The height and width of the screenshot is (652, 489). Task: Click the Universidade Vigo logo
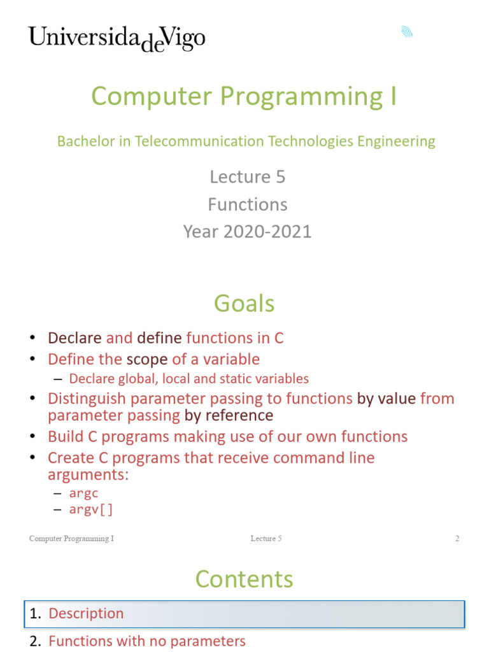117,39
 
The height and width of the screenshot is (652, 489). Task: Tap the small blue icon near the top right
407,32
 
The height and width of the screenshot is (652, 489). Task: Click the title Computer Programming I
244,97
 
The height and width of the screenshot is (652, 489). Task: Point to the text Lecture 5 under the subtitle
248,177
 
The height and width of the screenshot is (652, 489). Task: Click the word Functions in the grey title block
248,204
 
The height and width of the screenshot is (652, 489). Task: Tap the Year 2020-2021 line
248,232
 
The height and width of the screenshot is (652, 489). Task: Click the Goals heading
244,304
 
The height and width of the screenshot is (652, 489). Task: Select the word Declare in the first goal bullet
75,338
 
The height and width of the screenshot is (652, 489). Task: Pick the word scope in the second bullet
147,360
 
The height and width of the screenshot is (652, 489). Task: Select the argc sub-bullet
83,493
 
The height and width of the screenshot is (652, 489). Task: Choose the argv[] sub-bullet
90,509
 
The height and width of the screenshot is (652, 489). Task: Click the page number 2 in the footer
457,539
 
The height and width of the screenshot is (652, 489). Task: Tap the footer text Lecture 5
266,539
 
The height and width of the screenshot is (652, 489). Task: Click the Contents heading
244,579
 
